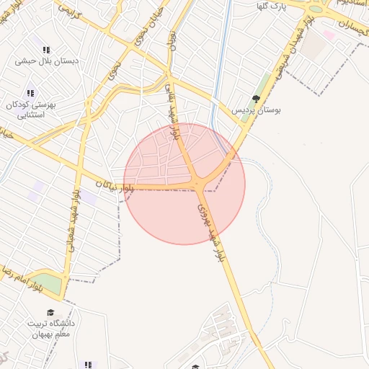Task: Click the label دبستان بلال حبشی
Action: [x=48, y=61]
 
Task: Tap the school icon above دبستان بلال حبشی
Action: [x=47, y=50]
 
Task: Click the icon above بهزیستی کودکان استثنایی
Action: [x=30, y=93]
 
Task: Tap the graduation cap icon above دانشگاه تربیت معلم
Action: [x=50, y=313]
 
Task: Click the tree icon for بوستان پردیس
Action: [x=256, y=99]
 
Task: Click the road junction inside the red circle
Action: [x=198, y=186]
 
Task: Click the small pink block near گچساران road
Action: [x=329, y=34]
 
